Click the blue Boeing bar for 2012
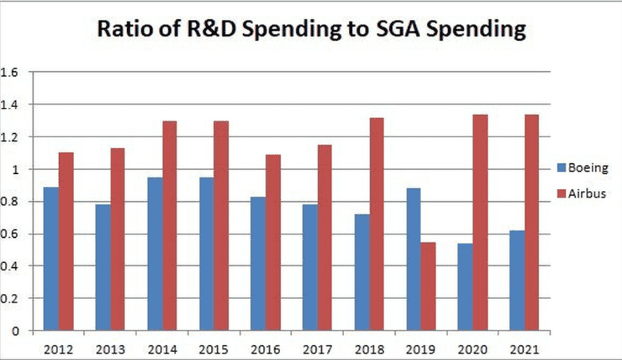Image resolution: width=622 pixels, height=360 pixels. pos(51,259)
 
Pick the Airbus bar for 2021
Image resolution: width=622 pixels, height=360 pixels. pos(532,223)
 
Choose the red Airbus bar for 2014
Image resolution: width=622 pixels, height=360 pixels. pos(170,226)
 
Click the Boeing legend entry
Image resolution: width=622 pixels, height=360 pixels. pos(581,169)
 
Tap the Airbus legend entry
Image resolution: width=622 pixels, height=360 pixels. pos(581,193)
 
